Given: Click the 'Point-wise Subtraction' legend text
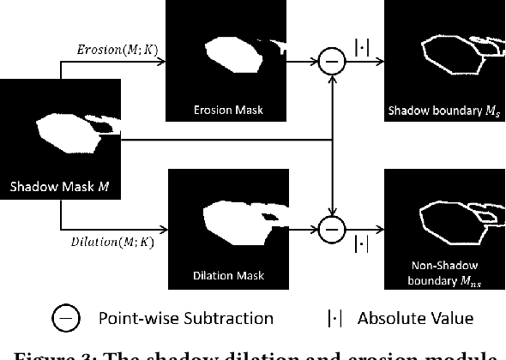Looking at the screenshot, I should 186,319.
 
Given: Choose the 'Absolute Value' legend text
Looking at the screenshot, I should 415,319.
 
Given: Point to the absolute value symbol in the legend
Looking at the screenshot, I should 334,319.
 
